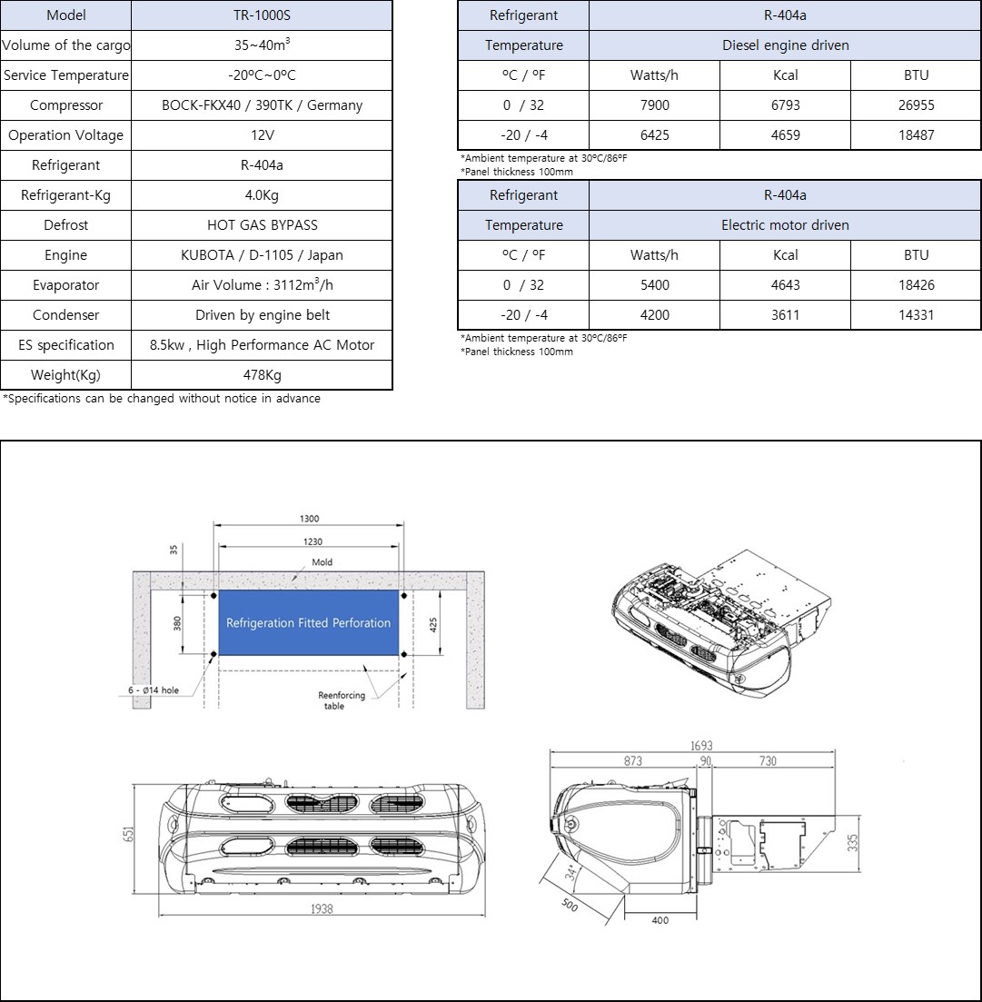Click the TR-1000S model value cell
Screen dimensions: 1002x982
click(x=262, y=15)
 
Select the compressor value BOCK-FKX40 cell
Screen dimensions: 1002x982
click(x=262, y=105)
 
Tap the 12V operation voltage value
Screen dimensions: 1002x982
click(x=262, y=135)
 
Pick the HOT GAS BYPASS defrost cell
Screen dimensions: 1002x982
click(x=262, y=225)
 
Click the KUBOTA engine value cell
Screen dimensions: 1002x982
click(x=262, y=255)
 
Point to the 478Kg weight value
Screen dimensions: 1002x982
click(x=262, y=375)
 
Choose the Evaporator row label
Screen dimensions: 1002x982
click(x=65, y=285)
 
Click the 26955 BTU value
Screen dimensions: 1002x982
click(x=916, y=105)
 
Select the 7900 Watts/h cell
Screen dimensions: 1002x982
click(x=654, y=105)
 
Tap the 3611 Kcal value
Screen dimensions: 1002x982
click(x=785, y=315)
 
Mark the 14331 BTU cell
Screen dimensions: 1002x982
click(x=916, y=315)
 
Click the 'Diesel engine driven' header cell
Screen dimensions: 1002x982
click(x=785, y=45)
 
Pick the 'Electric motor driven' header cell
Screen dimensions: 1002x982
click(x=785, y=225)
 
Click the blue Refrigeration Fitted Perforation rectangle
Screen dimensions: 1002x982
click(x=308, y=623)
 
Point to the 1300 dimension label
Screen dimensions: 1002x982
click(x=309, y=519)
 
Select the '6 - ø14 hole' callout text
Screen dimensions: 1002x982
click(x=151, y=690)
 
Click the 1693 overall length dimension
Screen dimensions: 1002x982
click(x=701, y=746)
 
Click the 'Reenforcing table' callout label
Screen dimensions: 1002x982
click(x=341, y=700)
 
